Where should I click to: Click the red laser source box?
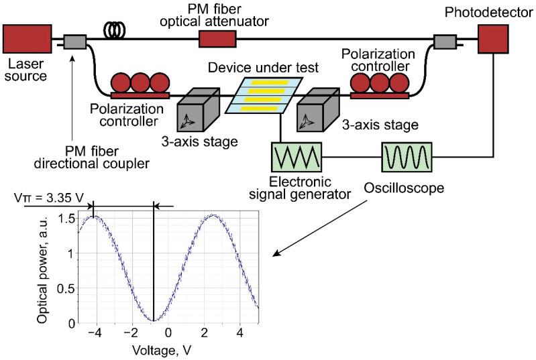tap(28, 40)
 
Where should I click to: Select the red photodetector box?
tap(497, 40)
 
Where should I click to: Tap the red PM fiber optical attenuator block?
tap(218, 41)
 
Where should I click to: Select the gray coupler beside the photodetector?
tap(444, 42)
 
